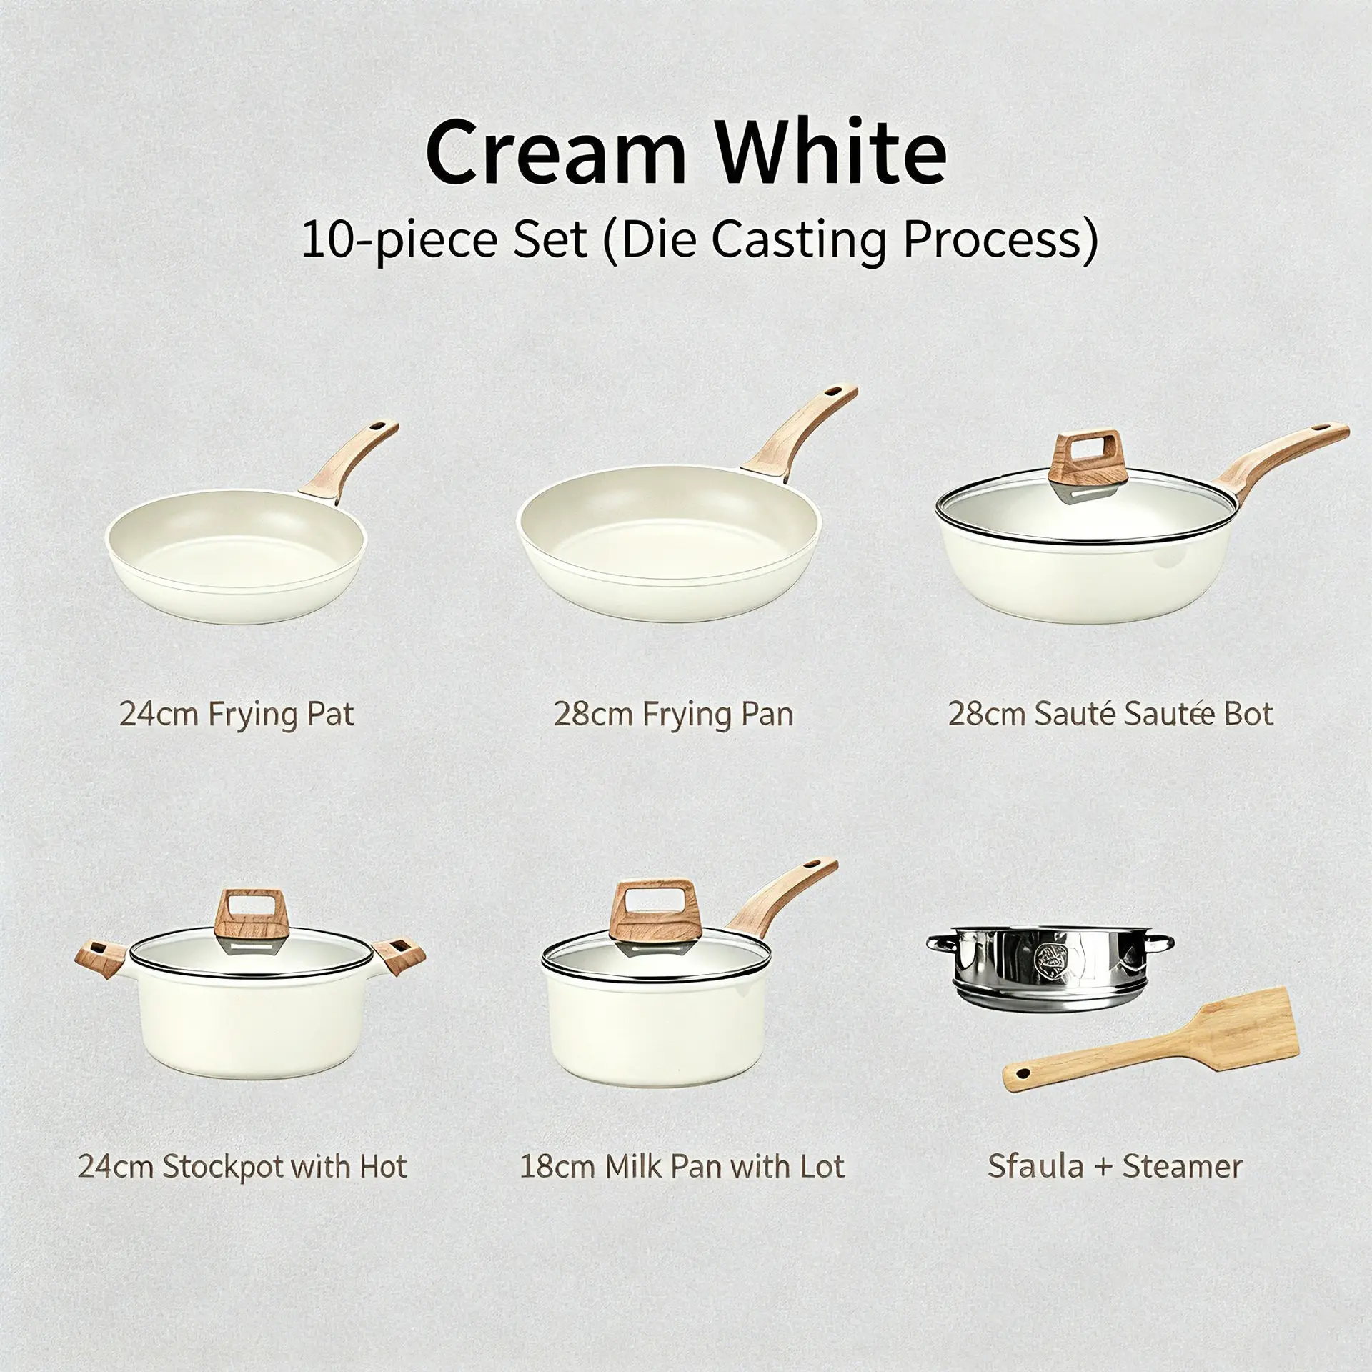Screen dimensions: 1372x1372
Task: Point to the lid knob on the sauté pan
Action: [x=1086, y=458]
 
